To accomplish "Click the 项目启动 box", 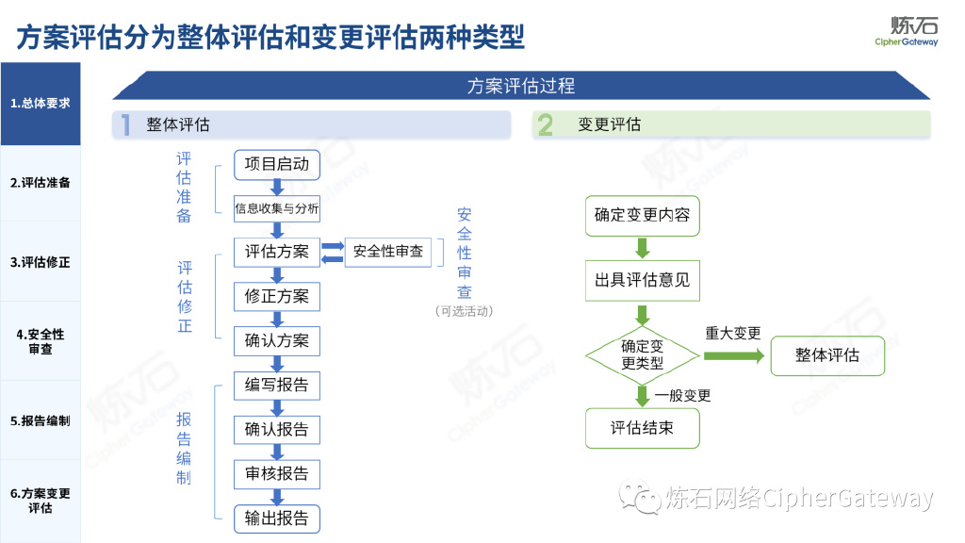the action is pos(277,164).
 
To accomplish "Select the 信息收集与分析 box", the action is pos(277,208).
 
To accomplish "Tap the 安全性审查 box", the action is pos(388,252).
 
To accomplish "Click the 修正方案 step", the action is pos(277,296).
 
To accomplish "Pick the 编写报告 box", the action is pos(277,386).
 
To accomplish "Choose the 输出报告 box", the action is pos(277,518).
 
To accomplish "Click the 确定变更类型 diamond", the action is pos(642,355).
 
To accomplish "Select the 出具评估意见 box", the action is pos(642,280).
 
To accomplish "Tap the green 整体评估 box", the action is pos(827,355).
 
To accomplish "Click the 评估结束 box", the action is pos(642,428).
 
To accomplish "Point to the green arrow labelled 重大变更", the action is pos(733,355).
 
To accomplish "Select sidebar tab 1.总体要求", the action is pos(41,104).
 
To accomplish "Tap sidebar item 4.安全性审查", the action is pos(41,341).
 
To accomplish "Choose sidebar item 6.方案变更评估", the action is pos(41,500).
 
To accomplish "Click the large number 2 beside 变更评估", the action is pos(546,125).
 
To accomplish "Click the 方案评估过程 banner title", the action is pos(521,86).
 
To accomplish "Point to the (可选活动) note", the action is pos(464,311).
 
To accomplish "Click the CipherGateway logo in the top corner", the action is pos(907,31).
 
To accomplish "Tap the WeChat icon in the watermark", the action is pos(646,499).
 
